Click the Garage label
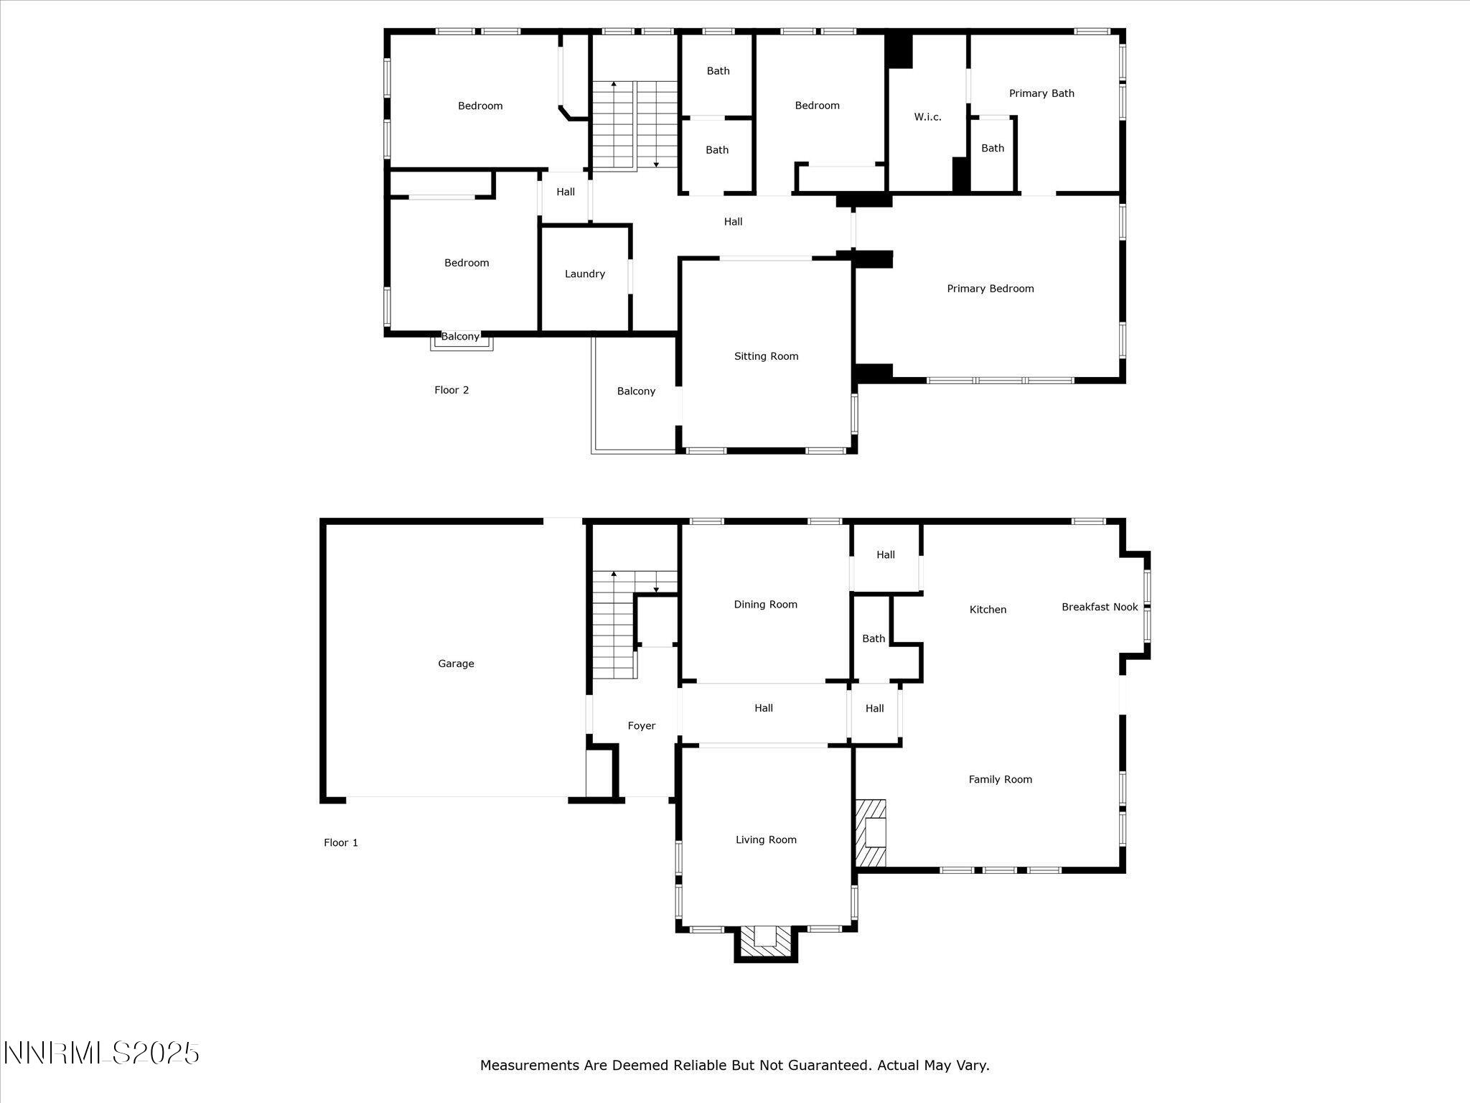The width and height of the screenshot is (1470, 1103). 456,664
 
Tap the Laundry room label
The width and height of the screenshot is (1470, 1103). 584,274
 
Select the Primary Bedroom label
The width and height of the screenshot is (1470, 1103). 990,289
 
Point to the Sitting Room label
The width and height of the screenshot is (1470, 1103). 766,356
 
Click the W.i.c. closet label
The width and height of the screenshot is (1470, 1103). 927,117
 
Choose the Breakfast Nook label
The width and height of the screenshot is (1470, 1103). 1100,607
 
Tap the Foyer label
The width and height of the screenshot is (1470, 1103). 641,726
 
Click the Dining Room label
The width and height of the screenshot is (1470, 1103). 765,605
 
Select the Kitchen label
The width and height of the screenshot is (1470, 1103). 988,610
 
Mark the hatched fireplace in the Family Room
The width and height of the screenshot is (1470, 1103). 871,834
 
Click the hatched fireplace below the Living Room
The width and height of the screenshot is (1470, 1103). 766,941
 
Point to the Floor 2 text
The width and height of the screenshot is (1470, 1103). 451,390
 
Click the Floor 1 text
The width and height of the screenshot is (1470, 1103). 340,842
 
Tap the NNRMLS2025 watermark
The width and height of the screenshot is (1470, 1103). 101,1053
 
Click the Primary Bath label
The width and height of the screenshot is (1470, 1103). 1041,93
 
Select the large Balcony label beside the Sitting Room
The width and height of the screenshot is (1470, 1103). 636,391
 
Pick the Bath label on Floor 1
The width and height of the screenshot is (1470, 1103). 874,638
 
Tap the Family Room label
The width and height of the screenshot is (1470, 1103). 1000,779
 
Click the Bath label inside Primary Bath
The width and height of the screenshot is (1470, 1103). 993,148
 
